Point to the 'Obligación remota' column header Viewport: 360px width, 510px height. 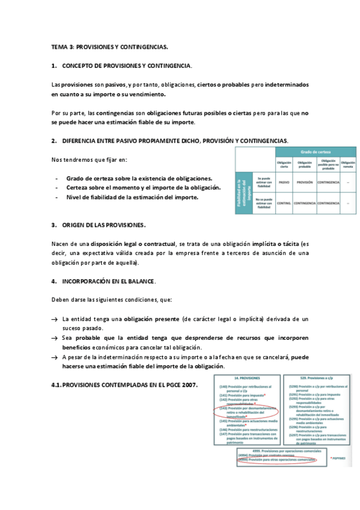[348, 164]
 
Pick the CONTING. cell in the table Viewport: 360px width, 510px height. [285, 203]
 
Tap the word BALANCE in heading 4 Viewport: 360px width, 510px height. [140, 281]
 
